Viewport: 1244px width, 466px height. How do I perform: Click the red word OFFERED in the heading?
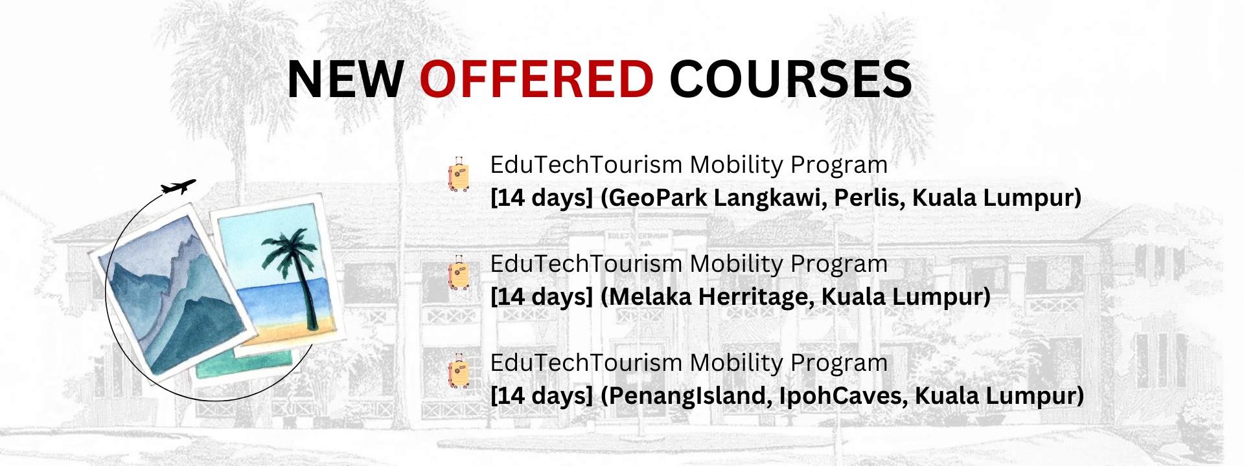click(x=536, y=79)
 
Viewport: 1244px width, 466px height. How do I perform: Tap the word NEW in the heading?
click(x=346, y=79)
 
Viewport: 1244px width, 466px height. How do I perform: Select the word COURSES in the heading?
click(x=790, y=79)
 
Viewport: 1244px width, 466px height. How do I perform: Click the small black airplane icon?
click(x=178, y=187)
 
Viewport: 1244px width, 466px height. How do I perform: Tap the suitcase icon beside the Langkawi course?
click(x=459, y=175)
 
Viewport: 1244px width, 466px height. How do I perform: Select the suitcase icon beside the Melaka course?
click(x=459, y=273)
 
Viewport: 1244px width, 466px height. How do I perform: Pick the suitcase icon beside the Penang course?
click(x=459, y=372)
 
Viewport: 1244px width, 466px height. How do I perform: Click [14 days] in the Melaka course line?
click(x=542, y=297)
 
